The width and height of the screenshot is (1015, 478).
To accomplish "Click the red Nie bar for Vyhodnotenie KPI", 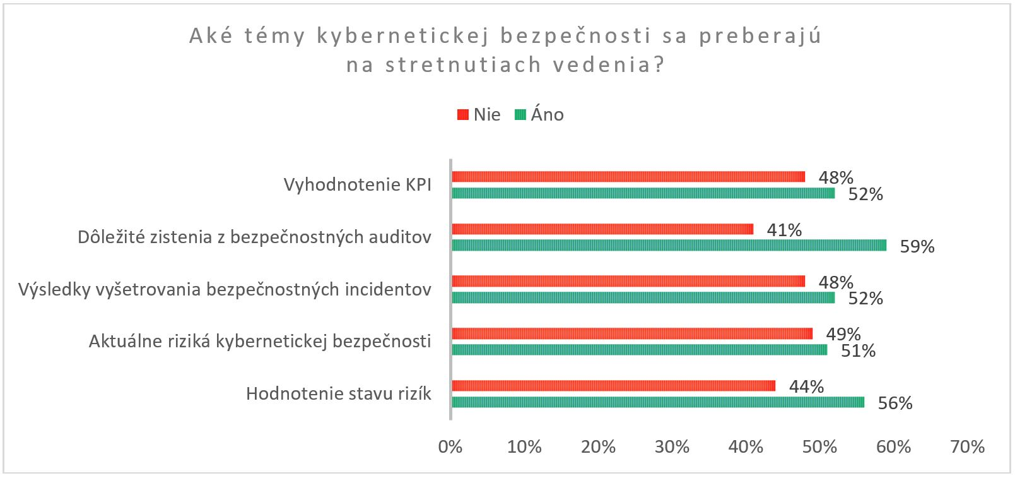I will coord(628,177).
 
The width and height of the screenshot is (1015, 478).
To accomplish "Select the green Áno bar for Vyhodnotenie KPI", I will coord(643,193).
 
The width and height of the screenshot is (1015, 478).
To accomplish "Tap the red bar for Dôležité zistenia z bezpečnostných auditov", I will coord(602,229).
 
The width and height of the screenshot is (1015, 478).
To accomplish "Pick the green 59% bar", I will coord(669,245).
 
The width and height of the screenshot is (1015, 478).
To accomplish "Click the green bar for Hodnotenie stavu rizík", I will coord(657,402).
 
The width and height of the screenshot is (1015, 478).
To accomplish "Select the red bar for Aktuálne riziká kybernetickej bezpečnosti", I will coord(632,333).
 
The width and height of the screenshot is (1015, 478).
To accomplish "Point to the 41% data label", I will coord(784,230).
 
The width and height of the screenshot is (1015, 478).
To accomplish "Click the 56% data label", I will coord(895,403).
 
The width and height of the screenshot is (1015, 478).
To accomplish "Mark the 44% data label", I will coord(806,386).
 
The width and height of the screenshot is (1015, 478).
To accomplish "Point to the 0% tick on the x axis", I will coord(450,447).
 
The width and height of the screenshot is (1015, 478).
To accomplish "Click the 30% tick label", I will coord(672,447).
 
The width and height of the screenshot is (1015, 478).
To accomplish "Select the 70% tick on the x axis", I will coord(967,447).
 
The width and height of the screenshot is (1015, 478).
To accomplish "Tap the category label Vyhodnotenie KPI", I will coord(357,185).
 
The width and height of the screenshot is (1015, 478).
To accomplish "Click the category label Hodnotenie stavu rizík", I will coord(339,394).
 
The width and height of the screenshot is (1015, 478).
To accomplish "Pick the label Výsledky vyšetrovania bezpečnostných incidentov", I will coord(225,290).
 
